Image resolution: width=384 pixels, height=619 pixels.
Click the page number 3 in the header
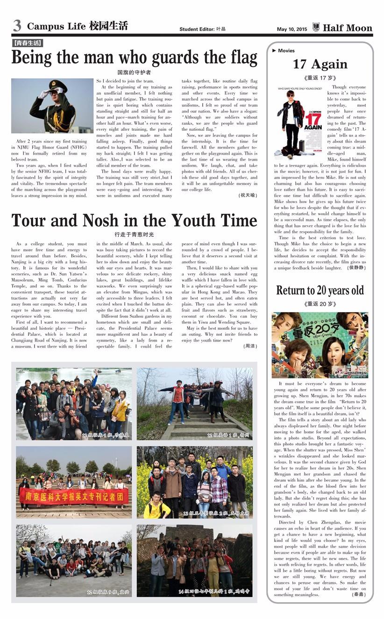click(x=17, y=26)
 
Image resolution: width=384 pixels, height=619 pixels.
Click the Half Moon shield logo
click(x=316, y=28)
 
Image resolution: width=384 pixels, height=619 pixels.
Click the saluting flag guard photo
click(x=52, y=106)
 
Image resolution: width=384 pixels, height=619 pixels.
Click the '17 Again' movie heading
click(x=320, y=64)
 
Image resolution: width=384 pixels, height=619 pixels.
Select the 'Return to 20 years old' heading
click(x=320, y=290)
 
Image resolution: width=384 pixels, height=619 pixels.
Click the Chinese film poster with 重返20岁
click(x=320, y=345)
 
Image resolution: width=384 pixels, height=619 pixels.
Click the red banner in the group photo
click(x=74, y=496)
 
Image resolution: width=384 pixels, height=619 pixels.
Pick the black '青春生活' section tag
click(x=27, y=43)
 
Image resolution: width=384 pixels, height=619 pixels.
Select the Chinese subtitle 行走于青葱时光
click(x=134, y=234)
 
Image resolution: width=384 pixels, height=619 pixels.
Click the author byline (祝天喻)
click(x=248, y=195)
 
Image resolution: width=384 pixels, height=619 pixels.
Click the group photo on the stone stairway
click(x=194, y=404)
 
